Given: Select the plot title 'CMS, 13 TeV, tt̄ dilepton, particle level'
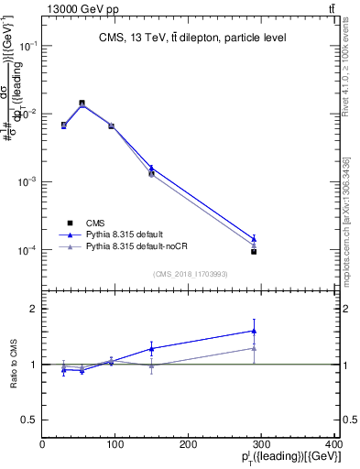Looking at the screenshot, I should (x=192, y=38).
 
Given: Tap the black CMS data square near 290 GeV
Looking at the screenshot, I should (x=254, y=251).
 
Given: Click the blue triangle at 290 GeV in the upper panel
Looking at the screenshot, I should (x=254, y=238).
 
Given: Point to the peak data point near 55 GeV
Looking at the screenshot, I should (x=82, y=104).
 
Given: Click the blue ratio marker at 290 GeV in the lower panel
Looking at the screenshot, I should (x=254, y=331).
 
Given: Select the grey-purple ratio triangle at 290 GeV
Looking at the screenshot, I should (x=254, y=348).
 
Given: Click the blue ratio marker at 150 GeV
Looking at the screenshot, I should (x=151, y=348).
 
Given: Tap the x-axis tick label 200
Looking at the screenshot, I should (x=189, y=445).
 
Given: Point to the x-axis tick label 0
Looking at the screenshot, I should (x=42, y=445).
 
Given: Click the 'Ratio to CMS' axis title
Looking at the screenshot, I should (x=13, y=365).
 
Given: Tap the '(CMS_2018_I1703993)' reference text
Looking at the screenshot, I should (x=191, y=273).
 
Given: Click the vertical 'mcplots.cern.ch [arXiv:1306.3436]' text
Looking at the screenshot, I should (x=351, y=183).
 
